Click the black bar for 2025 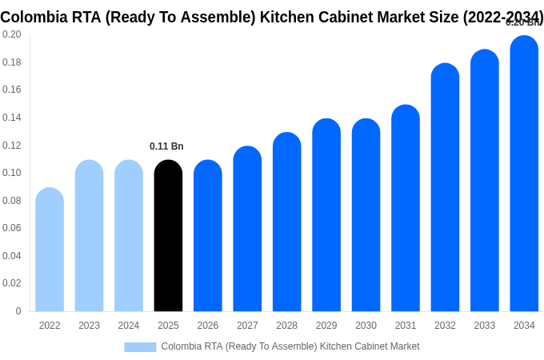click(x=168, y=236)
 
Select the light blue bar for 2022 click(x=50, y=250)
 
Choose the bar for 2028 click(x=286, y=222)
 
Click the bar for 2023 click(x=89, y=236)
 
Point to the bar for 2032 click(x=445, y=187)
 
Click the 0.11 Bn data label click(x=166, y=146)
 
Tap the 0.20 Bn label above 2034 click(x=523, y=22)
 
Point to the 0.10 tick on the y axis click(x=12, y=173)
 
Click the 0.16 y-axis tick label click(x=12, y=90)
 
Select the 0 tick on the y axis click(x=18, y=311)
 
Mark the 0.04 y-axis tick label click(x=12, y=256)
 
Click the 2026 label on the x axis click(x=208, y=326)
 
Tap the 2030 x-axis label click(x=366, y=326)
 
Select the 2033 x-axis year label click(x=485, y=326)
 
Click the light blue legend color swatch click(x=140, y=347)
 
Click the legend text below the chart click(x=290, y=346)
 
